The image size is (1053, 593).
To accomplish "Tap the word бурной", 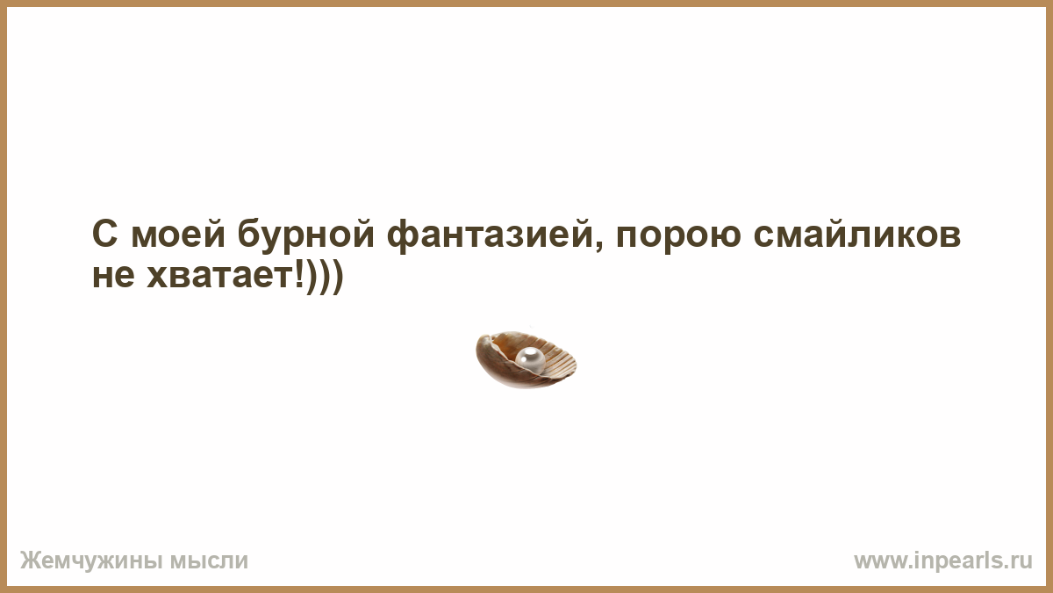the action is click(305, 233).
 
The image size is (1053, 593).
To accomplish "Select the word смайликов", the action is click(857, 233).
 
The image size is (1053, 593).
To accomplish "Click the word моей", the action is click(178, 233).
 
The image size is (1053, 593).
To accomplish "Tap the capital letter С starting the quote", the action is click(104, 234).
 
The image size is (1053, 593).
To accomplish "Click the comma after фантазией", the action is click(598, 247).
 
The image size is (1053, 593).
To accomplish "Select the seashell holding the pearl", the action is click(526, 360).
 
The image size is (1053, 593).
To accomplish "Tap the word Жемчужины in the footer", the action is click(91, 561).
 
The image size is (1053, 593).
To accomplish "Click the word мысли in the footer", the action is click(209, 561).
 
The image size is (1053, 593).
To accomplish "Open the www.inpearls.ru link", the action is click(943, 561).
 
